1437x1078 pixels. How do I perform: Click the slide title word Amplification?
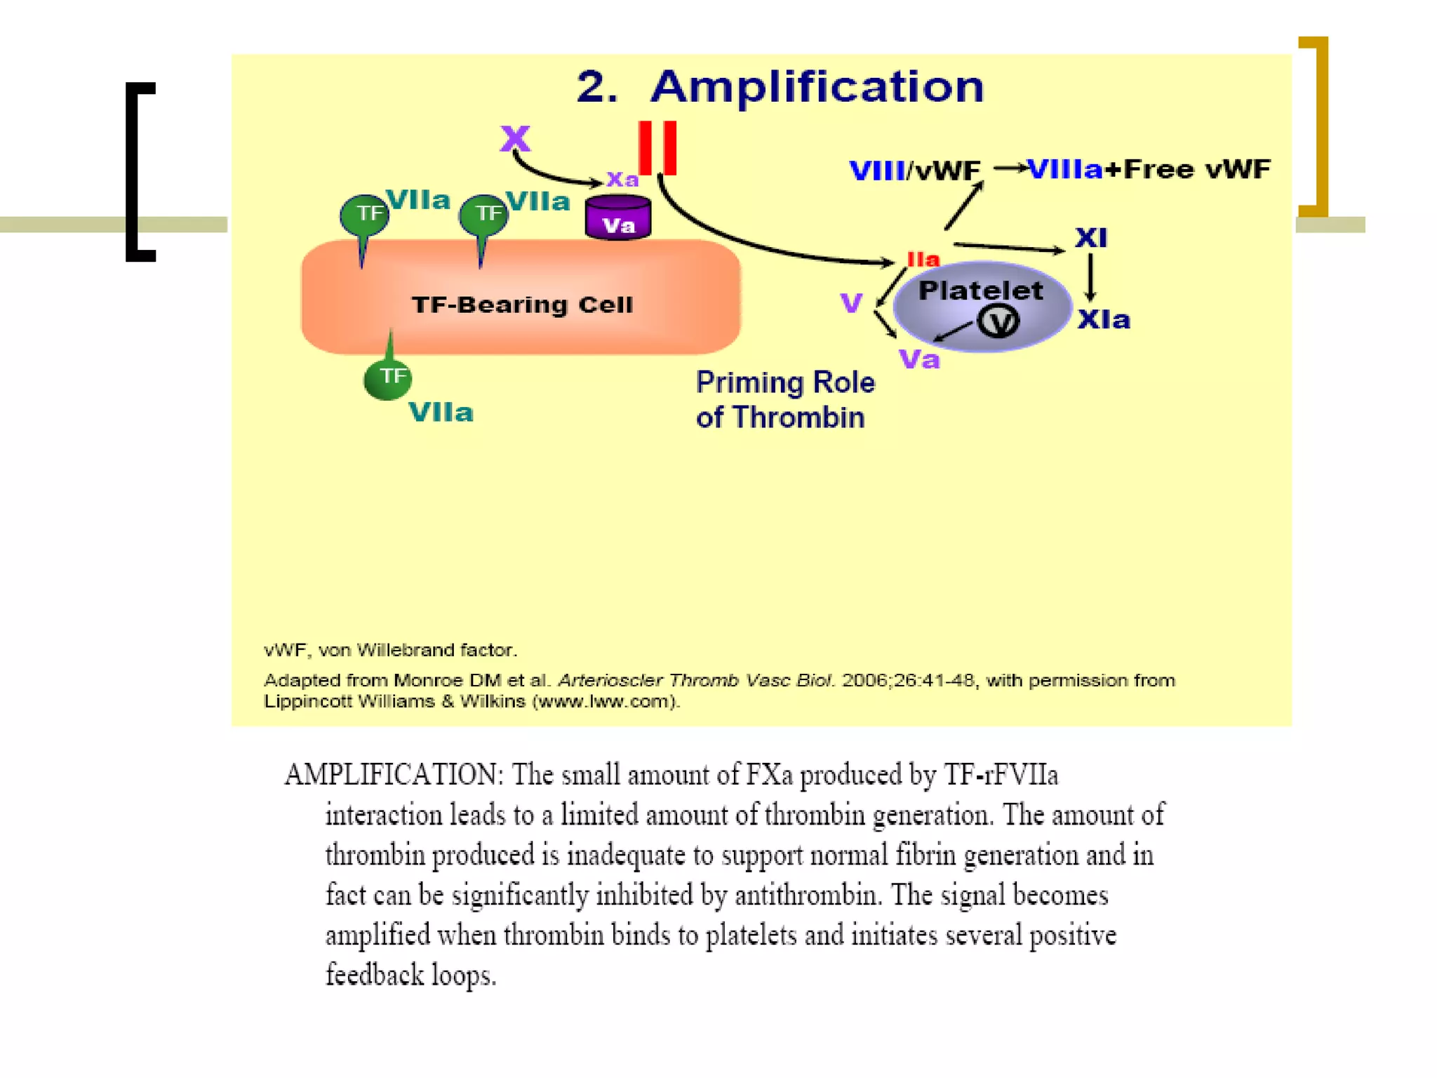(817, 87)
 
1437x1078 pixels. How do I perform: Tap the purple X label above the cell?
(515, 138)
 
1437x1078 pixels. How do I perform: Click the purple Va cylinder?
(618, 218)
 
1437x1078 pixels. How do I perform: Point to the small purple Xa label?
(622, 180)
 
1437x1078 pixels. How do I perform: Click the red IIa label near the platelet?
(923, 260)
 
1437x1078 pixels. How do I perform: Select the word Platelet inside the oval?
(980, 291)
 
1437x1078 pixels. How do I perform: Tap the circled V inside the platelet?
(998, 322)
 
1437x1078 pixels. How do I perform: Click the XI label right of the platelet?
(1091, 238)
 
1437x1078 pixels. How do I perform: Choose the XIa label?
(1104, 320)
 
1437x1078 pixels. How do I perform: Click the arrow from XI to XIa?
(1090, 278)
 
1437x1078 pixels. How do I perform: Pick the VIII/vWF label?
(914, 171)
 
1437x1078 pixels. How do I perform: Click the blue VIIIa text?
(1065, 169)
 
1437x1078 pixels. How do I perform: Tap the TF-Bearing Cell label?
(522, 305)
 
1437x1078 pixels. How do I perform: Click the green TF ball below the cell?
(388, 378)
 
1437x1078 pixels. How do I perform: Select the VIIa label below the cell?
(441, 413)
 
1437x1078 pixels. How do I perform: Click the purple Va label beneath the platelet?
(919, 360)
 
